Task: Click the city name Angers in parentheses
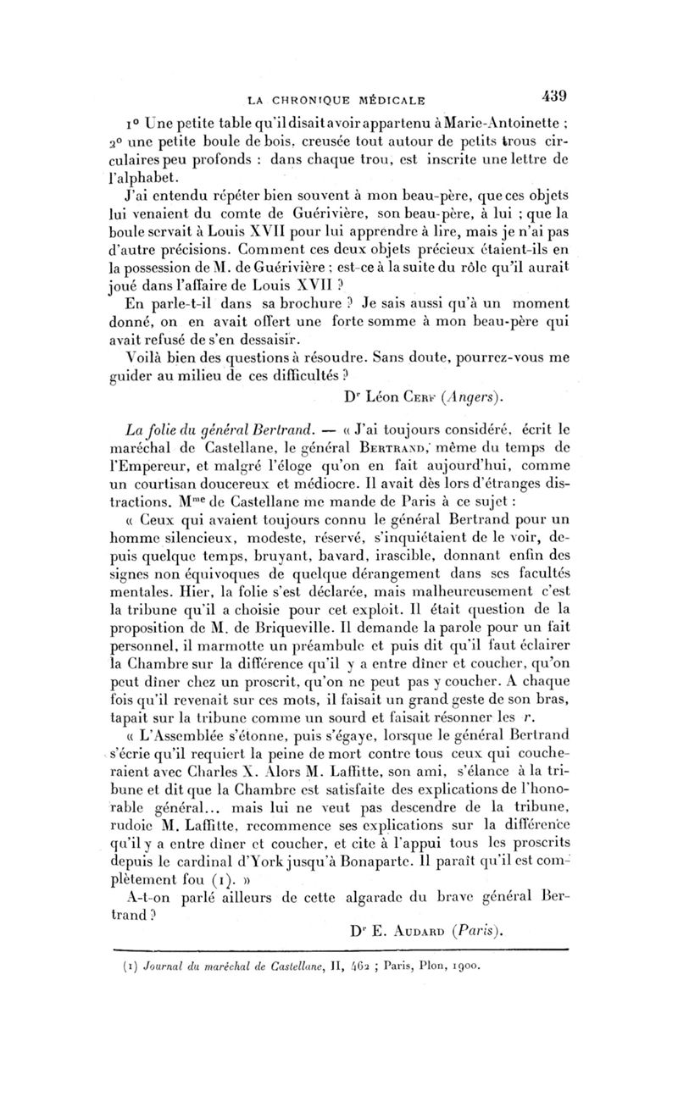pos(481,395)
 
